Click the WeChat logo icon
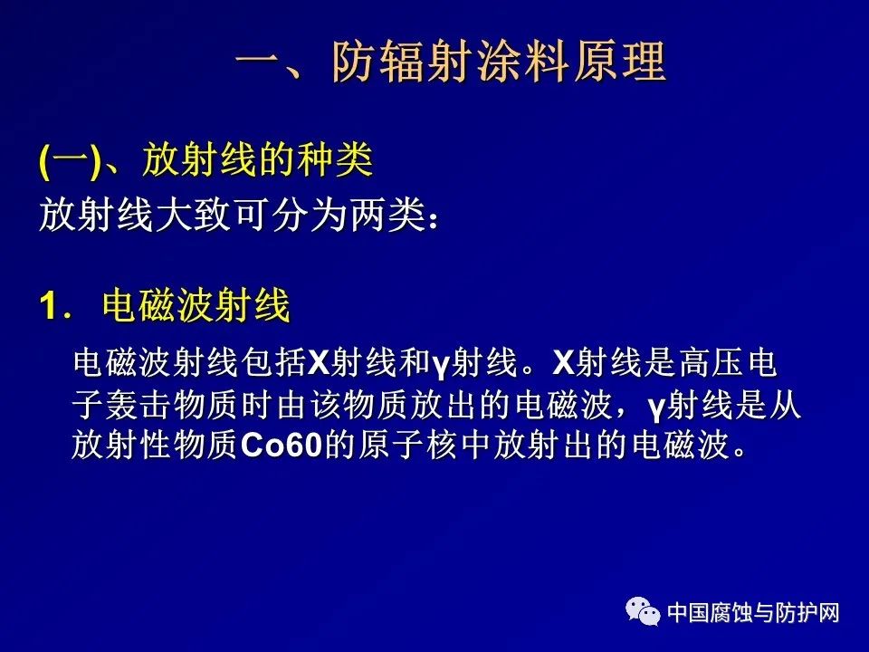click(x=643, y=611)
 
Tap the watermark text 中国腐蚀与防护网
click(x=753, y=613)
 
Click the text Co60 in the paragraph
click(x=282, y=445)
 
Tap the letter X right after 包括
click(x=318, y=364)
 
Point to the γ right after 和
click(x=440, y=366)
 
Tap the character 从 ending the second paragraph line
click(x=785, y=405)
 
